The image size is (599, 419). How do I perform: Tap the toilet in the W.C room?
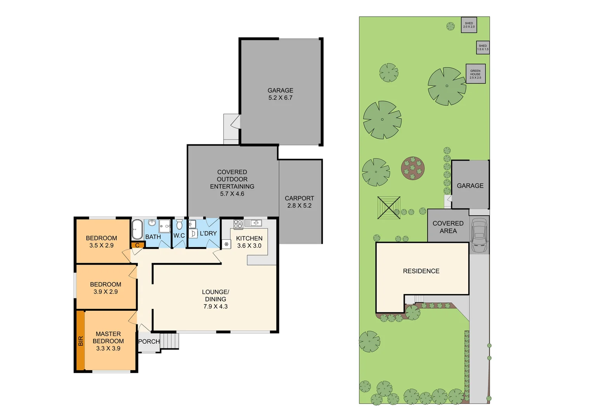(x=179, y=225)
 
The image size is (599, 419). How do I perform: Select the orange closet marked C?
(x=137, y=245)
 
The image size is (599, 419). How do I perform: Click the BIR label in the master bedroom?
(x=81, y=341)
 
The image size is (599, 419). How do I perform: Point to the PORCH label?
(x=149, y=341)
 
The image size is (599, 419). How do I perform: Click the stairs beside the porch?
(x=170, y=341)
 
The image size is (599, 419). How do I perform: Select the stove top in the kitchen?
(x=238, y=223)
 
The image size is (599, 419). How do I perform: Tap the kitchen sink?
(x=255, y=223)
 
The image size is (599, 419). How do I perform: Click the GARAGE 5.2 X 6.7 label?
(x=280, y=94)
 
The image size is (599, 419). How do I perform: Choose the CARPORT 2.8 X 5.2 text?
(x=299, y=202)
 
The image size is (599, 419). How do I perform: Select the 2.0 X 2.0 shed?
(x=469, y=25)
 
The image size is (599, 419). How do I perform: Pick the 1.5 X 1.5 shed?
(x=483, y=47)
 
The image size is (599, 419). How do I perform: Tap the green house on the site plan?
(x=475, y=74)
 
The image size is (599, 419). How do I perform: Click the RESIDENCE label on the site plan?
(x=421, y=271)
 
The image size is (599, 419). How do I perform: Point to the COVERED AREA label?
(x=448, y=227)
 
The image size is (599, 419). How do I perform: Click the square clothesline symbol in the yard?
(x=389, y=208)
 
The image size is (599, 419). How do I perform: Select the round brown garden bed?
(x=413, y=168)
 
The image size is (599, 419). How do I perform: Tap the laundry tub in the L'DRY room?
(x=193, y=233)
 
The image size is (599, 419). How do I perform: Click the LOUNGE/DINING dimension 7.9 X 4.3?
(x=215, y=306)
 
